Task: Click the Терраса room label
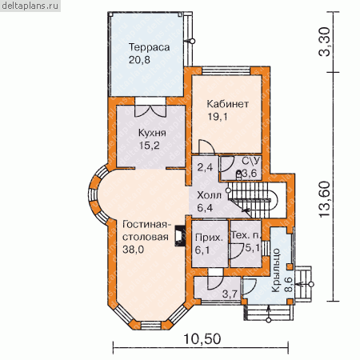point(149,47)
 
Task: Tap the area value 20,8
point(139,60)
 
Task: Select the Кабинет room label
point(228,104)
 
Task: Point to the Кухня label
point(152,133)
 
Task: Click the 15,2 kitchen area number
point(150,146)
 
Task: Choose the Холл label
point(209,195)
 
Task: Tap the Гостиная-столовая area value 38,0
point(133,250)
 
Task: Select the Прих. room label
point(209,238)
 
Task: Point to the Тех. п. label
point(246,235)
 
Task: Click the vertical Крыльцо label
point(276,270)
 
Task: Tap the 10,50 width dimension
point(202,339)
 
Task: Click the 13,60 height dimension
point(325,199)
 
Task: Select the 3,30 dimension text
point(325,42)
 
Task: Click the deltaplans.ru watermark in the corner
point(30,6)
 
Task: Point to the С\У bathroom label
point(250,161)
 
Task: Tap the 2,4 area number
point(205,167)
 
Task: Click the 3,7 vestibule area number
point(230,294)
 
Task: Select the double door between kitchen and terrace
point(150,110)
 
